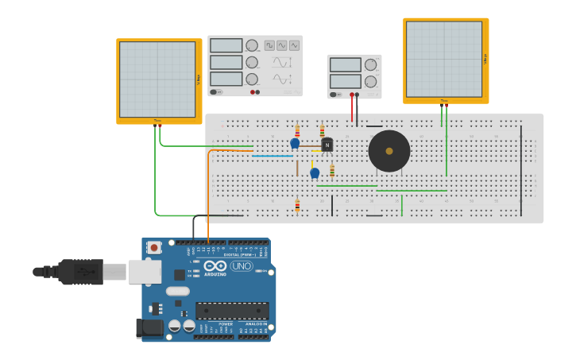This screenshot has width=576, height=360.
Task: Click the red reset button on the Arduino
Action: (154, 247)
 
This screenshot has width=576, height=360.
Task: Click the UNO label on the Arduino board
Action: (242, 266)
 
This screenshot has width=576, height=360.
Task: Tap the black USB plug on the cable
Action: (80, 272)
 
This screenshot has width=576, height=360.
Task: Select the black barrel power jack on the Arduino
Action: (149, 327)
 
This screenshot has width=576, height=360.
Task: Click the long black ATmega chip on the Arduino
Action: (232, 310)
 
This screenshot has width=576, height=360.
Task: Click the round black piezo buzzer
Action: (389, 151)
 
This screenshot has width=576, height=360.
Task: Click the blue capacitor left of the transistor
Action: (295, 143)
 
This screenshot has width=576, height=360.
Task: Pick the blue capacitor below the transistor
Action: (315, 172)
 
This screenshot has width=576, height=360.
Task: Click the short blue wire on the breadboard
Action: (273, 156)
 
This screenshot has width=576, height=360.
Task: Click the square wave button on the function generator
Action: (269, 45)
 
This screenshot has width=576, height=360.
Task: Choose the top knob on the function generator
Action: (252, 46)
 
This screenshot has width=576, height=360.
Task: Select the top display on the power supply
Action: (345, 65)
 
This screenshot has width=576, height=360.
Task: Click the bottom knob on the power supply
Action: (370, 81)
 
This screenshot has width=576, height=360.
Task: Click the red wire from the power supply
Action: (352, 110)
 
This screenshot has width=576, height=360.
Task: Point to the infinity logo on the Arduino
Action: (215, 266)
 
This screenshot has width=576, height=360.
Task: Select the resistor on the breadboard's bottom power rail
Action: (297, 206)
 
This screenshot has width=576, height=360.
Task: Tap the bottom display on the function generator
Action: (226, 79)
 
